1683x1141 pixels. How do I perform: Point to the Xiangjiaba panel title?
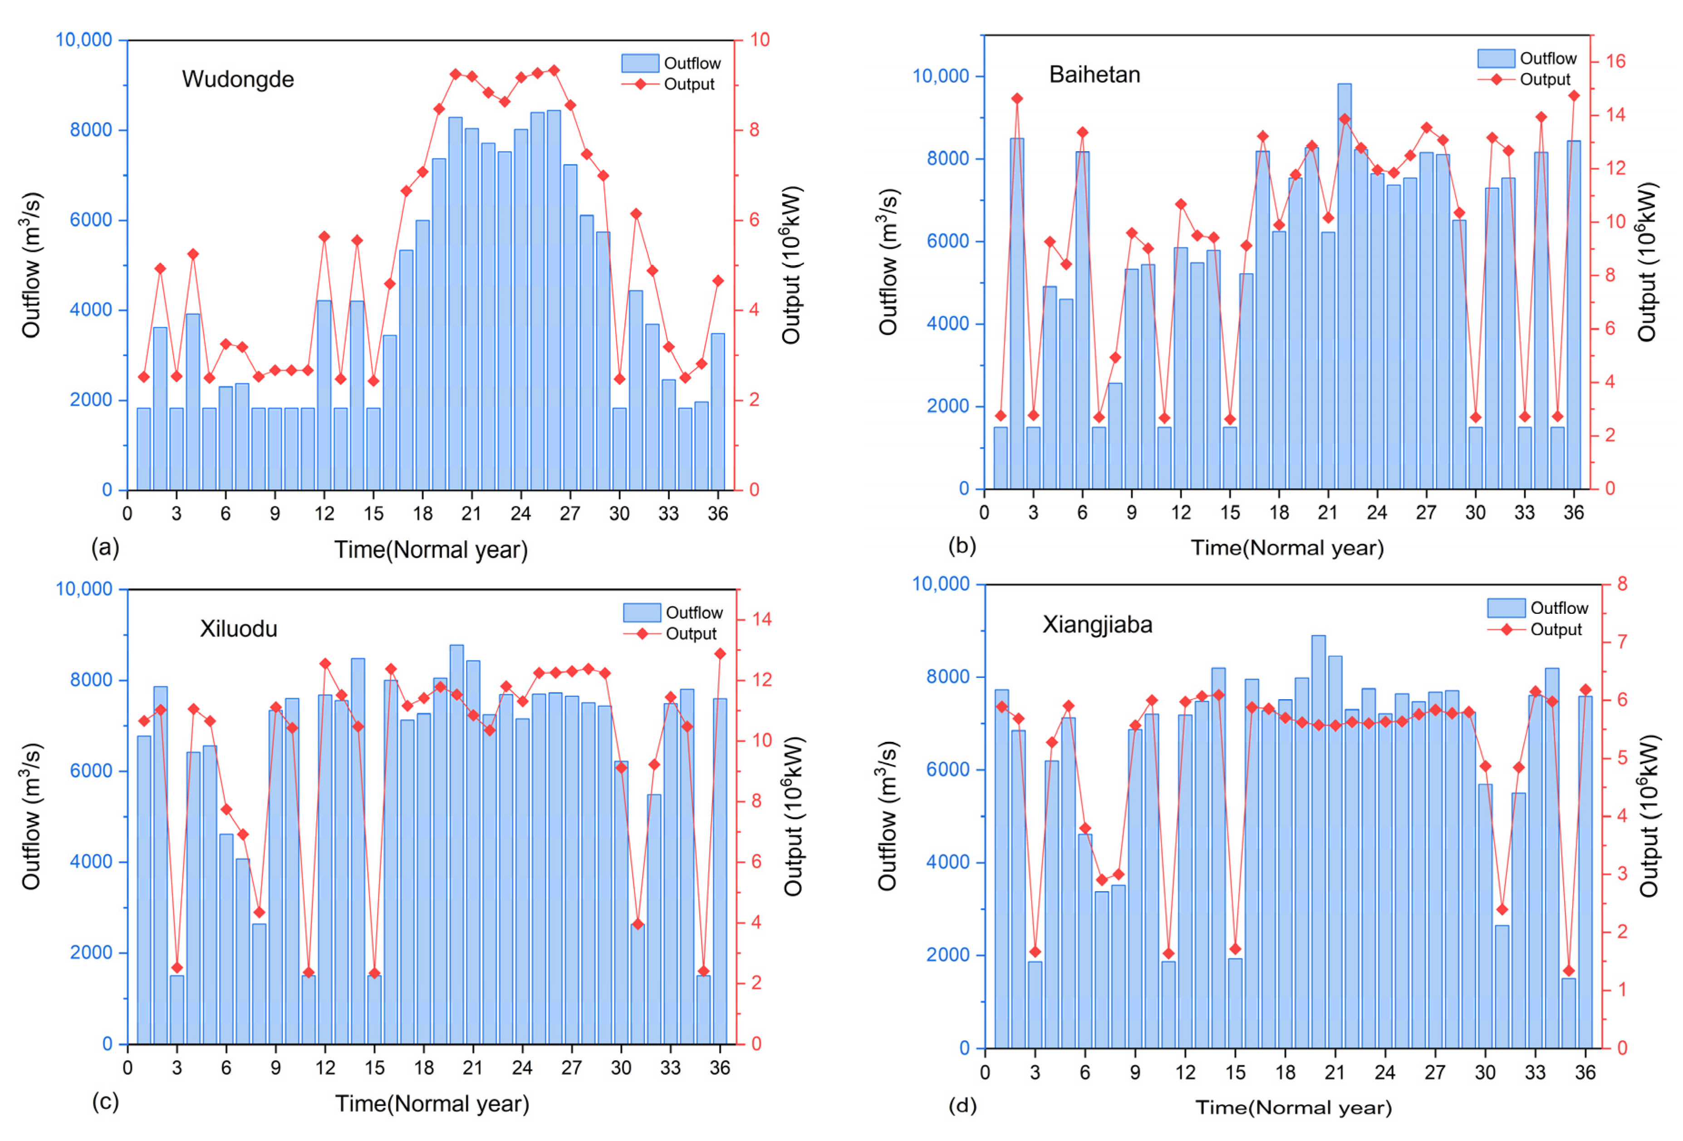pyautogui.click(x=1097, y=624)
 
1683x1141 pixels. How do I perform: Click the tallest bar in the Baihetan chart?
pyautogui.click(x=1344, y=286)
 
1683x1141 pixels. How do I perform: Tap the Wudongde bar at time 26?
pyautogui.click(x=553, y=300)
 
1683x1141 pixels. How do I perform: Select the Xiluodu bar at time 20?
pyautogui.click(x=456, y=844)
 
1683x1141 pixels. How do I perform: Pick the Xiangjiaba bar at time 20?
pyautogui.click(x=1319, y=842)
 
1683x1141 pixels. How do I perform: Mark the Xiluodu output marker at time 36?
pyautogui.click(x=720, y=653)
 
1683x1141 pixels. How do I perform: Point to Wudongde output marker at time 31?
pyautogui.click(x=636, y=214)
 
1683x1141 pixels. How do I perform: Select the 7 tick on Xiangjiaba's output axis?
pyautogui.click(x=1621, y=642)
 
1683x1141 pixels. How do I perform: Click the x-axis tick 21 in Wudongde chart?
pyautogui.click(x=471, y=514)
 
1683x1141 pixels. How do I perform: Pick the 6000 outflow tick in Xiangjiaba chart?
pyautogui.click(x=947, y=769)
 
